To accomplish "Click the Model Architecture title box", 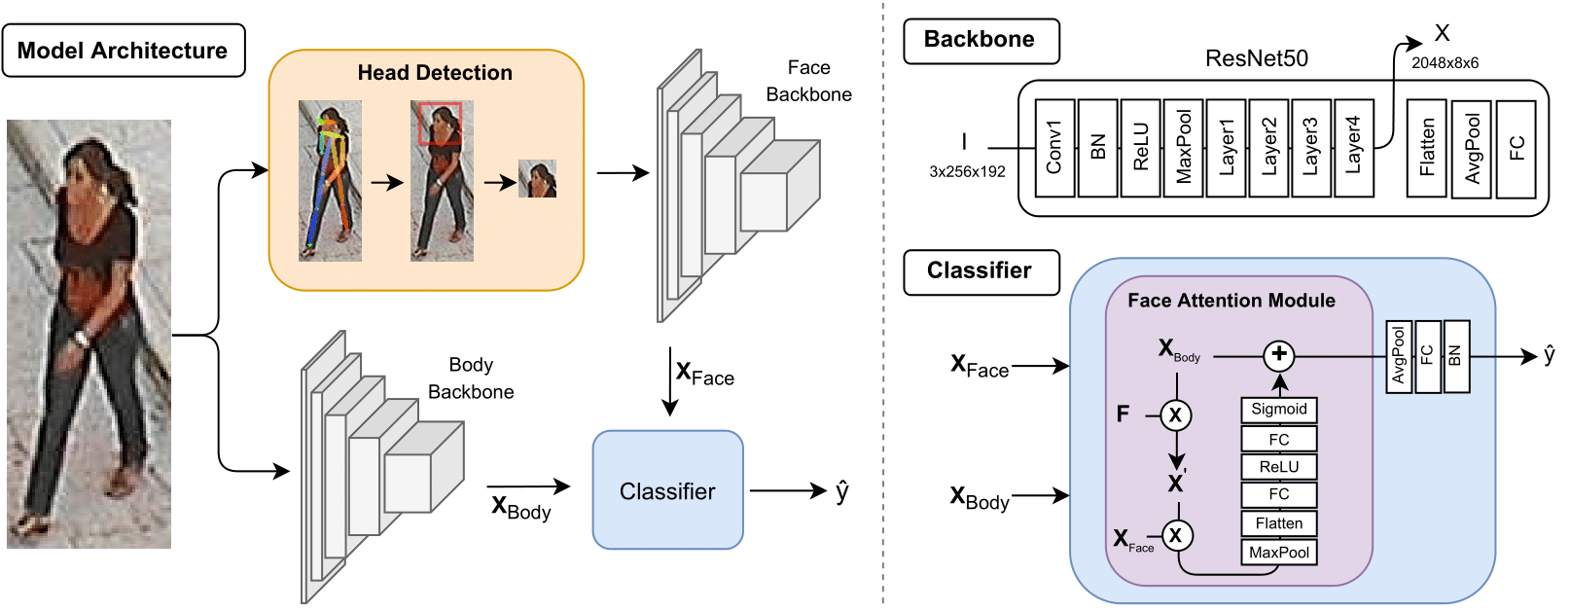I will point(124,51).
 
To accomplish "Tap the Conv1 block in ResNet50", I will point(1054,148).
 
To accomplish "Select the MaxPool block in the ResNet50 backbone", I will point(1183,148).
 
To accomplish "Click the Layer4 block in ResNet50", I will point(1353,148).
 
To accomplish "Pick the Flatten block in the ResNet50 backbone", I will point(1427,149).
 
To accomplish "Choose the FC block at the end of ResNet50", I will point(1516,149).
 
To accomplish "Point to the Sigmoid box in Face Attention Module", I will point(1278,410).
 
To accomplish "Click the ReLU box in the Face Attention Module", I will point(1278,467).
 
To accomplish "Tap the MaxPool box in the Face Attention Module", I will point(1278,553).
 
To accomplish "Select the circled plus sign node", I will point(1279,355).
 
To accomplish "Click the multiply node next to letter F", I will point(1176,415).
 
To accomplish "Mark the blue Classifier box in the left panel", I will point(667,490).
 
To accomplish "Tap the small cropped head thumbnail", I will point(537,179).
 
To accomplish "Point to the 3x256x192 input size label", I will point(967,171).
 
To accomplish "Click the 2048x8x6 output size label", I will point(1445,63).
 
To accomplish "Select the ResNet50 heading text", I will point(1256,58).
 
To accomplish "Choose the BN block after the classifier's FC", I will point(1455,356).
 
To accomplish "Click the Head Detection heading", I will point(435,73).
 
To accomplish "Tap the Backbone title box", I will point(981,41).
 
